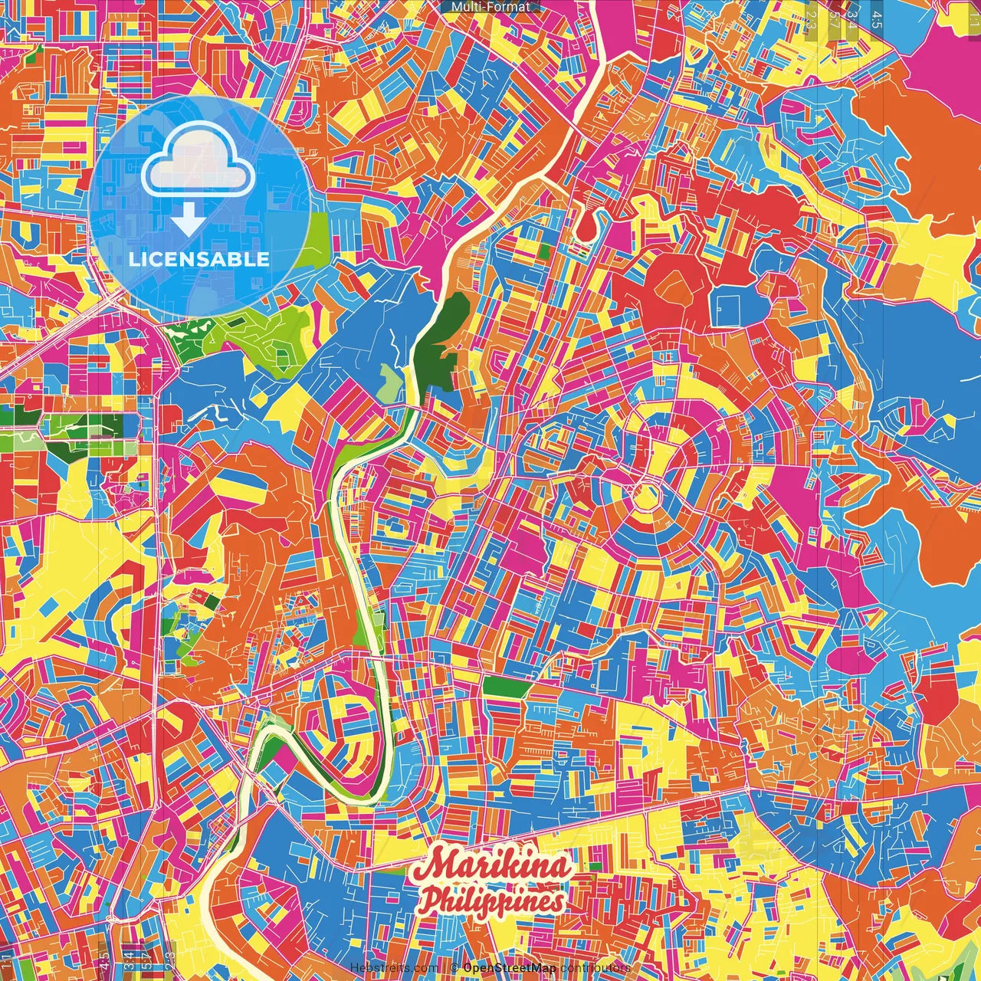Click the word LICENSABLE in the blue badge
pos(198,259)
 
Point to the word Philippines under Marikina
pos(490,901)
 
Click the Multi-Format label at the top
pos(490,7)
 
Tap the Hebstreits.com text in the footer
pos(395,968)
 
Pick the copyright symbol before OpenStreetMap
pos(454,968)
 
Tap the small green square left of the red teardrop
pos(543,251)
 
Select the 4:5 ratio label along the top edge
pos(876,17)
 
